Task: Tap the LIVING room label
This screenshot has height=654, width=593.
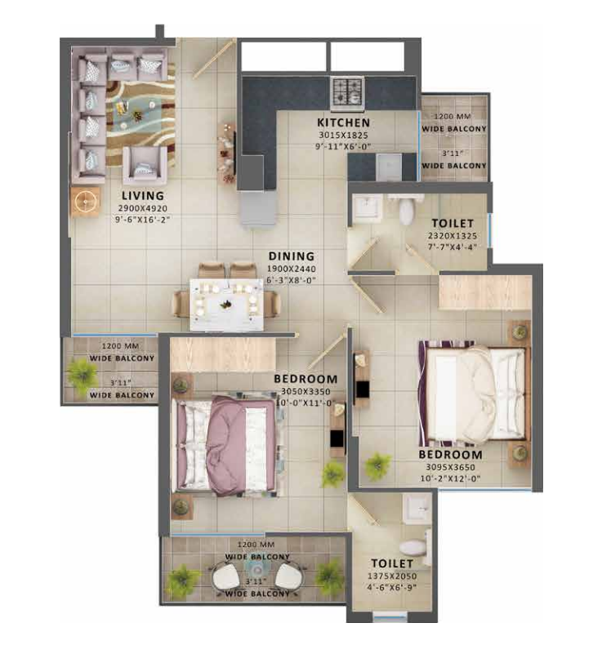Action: (x=143, y=196)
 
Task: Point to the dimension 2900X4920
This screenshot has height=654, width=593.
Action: (x=143, y=208)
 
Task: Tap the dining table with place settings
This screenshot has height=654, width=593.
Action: (x=227, y=303)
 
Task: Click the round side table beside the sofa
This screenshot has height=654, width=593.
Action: (x=84, y=200)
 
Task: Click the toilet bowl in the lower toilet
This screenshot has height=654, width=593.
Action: (x=414, y=545)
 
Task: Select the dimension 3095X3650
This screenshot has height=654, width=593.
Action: (x=450, y=468)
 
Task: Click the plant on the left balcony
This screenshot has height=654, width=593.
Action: (x=82, y=373)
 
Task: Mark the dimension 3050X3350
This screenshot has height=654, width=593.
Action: (x=306, y=391)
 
